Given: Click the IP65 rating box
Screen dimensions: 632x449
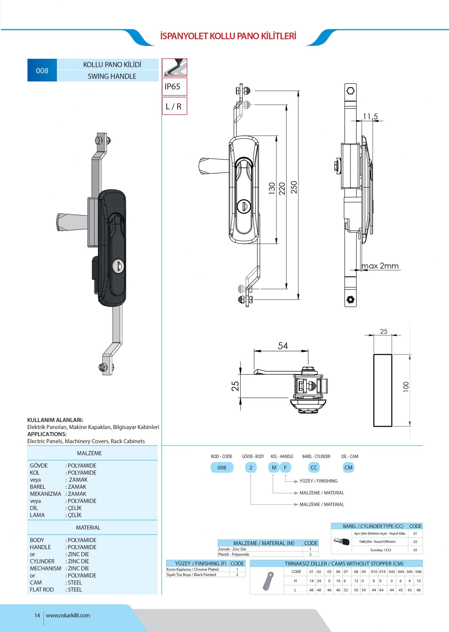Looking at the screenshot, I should pos(175,87).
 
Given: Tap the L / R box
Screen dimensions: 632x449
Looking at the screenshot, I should pos(175,106).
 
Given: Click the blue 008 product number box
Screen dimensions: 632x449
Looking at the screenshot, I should pos(42,70).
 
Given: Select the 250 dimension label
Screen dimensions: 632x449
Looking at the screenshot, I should pos(294,187).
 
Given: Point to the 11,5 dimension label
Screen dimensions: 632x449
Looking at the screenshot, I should pos(370,116).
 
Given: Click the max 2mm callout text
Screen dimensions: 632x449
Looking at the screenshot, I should pos(380,266).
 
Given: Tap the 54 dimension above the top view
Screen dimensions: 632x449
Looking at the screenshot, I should pos(283,346).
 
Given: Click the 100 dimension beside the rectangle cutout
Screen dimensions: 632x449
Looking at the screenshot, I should pos(406,387).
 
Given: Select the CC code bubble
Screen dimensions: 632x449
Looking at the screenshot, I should pos(314,467).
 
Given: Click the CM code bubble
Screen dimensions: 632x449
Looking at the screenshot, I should pos(348,467).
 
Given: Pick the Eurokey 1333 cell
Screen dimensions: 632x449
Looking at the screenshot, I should pos(381,550).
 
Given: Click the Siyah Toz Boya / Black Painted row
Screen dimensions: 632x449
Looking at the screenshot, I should pos(191,574).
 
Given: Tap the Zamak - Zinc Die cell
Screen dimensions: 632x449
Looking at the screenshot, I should pos(232,549).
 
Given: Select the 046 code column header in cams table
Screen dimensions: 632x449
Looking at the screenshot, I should pos(418,571).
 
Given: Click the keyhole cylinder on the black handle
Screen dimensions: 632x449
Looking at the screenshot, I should pos(118,266).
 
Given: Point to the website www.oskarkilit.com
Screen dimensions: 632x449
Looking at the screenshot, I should pos(68,615).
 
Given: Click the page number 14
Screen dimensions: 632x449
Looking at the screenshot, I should pos(37,615).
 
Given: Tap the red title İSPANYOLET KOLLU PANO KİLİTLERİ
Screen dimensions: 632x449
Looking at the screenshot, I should pos(228,36).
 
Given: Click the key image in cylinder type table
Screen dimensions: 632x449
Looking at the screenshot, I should pos(342,542).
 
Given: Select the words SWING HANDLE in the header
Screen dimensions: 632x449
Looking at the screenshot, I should pos(112,76).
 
